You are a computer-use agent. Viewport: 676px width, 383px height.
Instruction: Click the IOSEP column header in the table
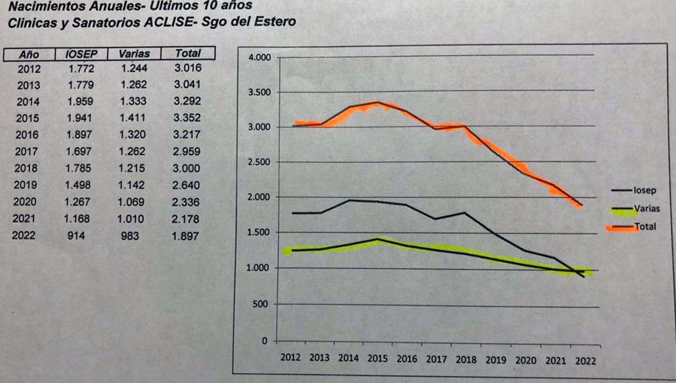[81, 54]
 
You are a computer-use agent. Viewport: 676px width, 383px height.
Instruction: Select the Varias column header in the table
[134, 54]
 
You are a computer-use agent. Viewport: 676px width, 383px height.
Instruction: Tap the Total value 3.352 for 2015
[187, 118]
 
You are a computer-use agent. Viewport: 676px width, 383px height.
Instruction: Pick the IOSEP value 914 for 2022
[76, 235]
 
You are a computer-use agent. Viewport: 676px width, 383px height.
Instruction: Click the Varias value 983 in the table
[130, 236]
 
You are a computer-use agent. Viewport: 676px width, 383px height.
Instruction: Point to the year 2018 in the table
[26, 168]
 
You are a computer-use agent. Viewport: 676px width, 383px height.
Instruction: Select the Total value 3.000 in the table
[186, 168]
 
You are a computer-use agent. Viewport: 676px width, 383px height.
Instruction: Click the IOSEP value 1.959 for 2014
[80, 101]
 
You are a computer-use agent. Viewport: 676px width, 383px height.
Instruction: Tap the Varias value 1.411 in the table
[132, 118]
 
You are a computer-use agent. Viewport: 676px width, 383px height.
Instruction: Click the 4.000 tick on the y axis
[260, 58]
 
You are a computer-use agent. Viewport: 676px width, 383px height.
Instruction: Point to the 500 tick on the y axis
[260, 304]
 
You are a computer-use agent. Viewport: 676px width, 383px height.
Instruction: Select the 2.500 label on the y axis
[259, 162]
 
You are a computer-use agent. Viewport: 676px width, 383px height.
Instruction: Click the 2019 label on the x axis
[496, 360]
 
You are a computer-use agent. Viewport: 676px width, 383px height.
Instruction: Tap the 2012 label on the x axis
[290, 357]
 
